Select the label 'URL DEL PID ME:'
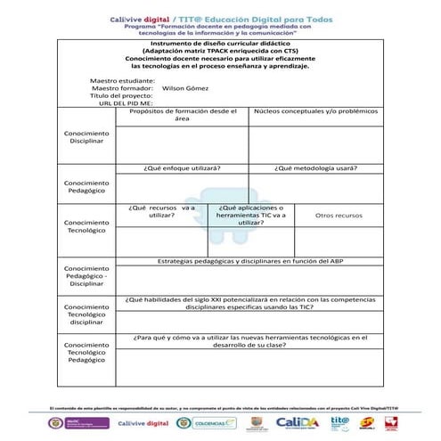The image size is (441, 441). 126,103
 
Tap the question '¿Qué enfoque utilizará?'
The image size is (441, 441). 183,167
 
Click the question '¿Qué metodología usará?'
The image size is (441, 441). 316,167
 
